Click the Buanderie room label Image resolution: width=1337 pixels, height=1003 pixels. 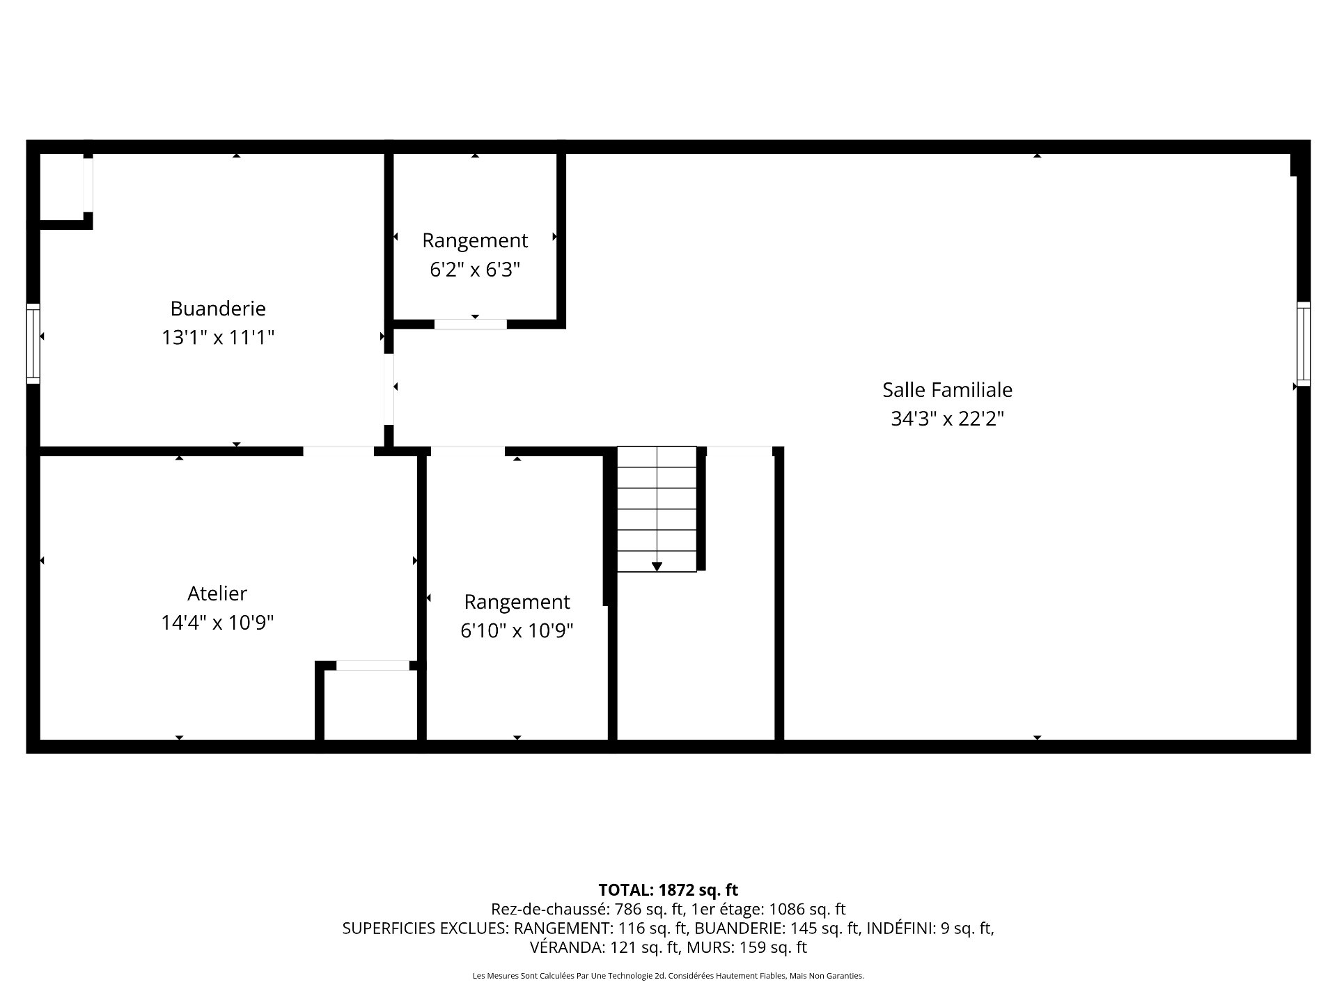coord(218,309)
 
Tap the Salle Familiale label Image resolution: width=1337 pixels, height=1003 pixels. coord(947,390)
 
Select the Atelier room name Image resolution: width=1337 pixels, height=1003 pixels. coord(217,593)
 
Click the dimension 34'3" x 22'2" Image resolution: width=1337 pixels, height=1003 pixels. coord(947,419)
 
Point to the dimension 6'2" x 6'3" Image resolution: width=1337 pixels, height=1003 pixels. coord(475,270)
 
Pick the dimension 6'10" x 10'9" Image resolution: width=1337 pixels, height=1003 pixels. coord(517,631)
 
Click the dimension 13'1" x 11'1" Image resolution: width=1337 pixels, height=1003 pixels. coord(218,338)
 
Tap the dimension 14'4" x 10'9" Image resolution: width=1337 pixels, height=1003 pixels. coord(217,623)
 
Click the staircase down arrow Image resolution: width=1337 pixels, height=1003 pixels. coord(657,566)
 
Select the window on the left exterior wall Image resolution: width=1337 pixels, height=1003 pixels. coord(33,343)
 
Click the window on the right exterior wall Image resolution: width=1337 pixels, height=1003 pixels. coord(1303,344)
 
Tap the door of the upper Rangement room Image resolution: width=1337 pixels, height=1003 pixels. coord(471,324)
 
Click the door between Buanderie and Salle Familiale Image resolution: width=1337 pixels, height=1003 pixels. coord(389,389)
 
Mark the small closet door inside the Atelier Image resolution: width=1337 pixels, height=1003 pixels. coord(373,666)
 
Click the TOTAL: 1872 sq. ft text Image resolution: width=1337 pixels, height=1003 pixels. coord(668,890)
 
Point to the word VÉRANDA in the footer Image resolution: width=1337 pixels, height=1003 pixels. coord(567,947)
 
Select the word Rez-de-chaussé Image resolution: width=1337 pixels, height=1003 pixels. coord(548,909)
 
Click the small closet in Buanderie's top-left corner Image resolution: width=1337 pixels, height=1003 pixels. coord(61,187)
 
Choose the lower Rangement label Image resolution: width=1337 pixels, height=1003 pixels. coord(517,602)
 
